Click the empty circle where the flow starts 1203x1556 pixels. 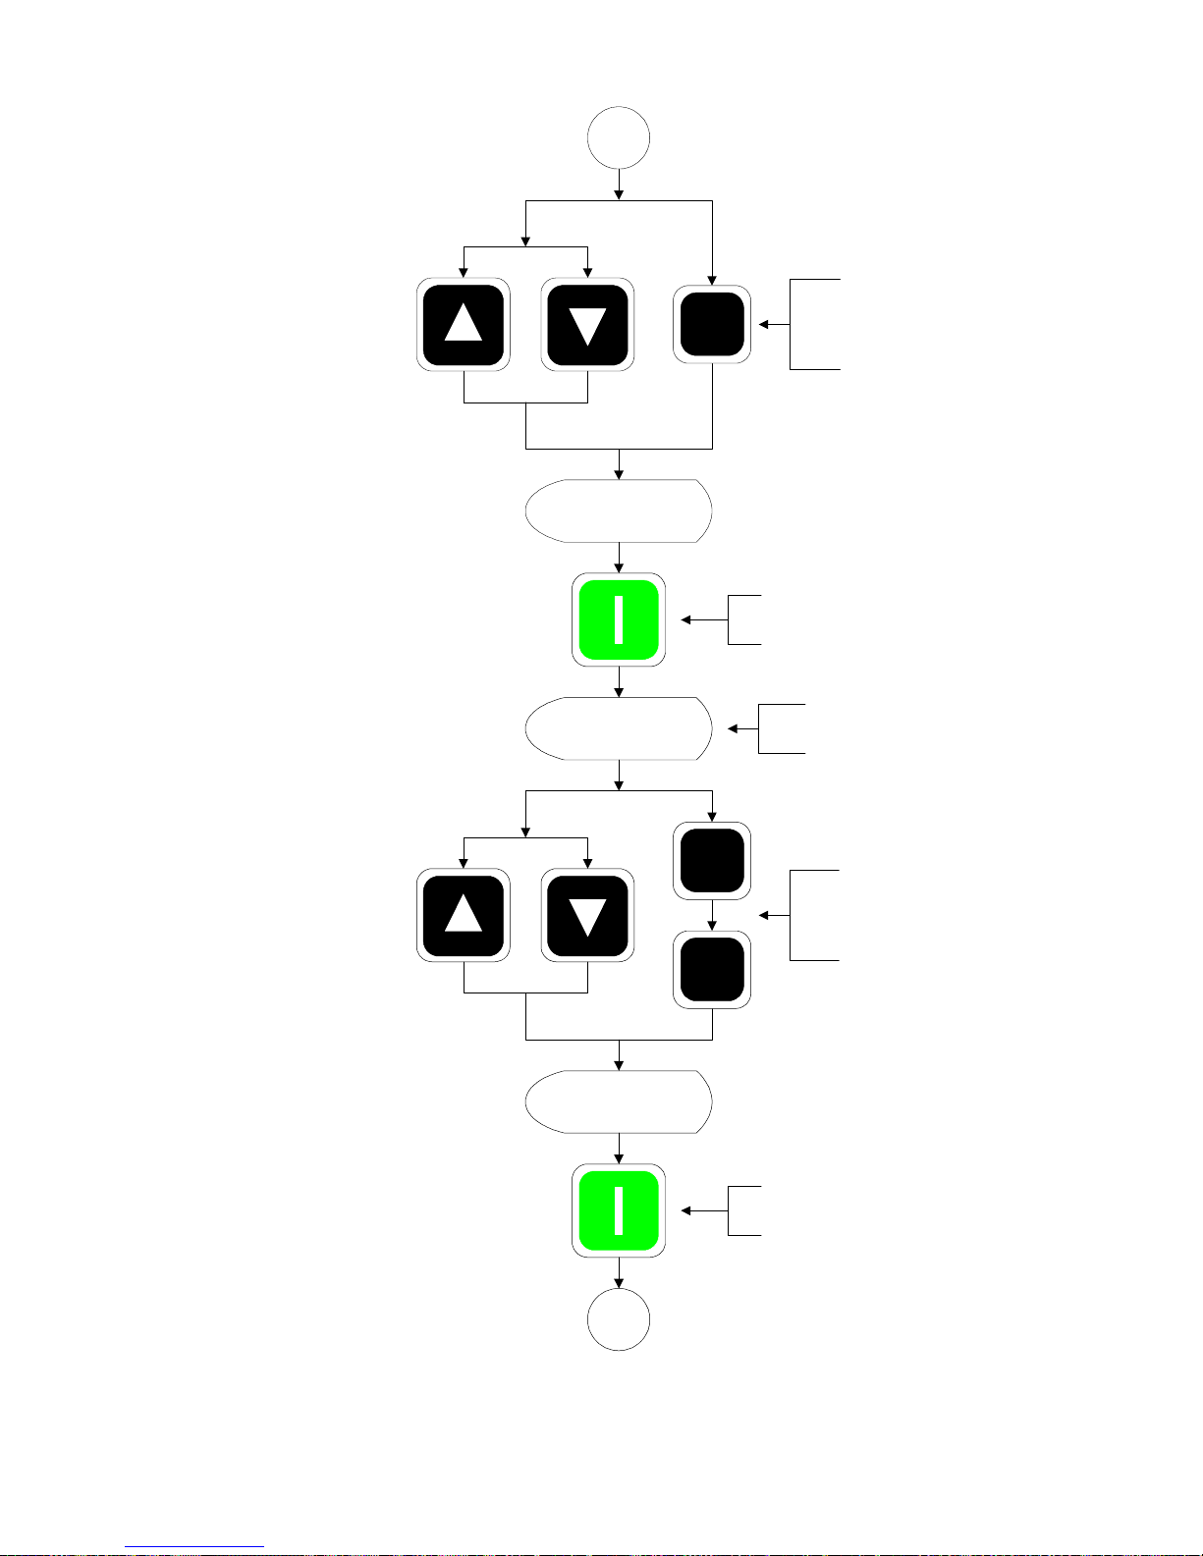619,138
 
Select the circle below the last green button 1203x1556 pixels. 619,1319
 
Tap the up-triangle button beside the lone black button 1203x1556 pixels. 464,324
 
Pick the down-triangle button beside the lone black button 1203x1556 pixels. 587,324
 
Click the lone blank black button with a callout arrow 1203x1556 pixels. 712,324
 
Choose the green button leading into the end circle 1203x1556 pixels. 619,1210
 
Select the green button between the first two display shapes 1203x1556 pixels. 619,619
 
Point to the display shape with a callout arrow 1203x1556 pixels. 619,728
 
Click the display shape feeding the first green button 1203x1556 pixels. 619,510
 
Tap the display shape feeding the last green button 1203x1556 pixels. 619,1101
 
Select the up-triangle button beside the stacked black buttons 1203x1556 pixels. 464,915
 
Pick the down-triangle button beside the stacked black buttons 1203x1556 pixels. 587,915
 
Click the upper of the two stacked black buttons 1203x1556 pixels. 712,861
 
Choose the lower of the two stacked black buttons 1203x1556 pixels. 712,970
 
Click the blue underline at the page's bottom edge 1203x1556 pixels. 194,1546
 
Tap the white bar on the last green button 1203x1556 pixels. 619,1210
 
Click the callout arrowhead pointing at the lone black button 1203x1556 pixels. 764,324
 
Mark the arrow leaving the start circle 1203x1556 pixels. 619,185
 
